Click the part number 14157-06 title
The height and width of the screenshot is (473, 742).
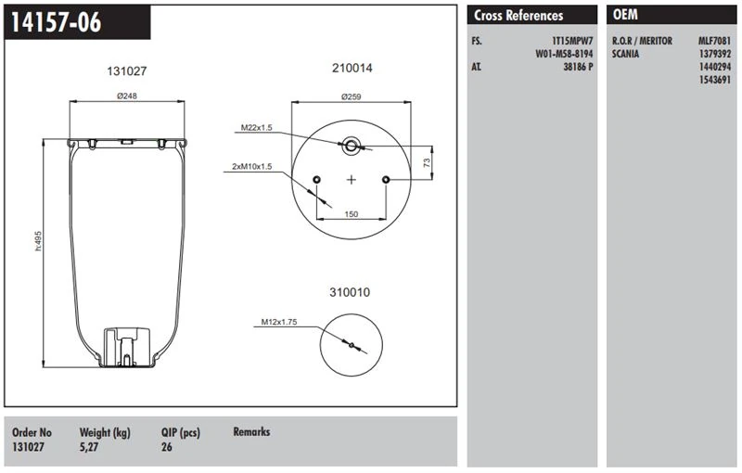pos(55,23)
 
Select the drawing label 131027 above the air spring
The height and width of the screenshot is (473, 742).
pos(127,71)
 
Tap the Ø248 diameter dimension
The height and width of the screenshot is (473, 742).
pos(127,96)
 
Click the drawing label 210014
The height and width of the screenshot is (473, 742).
pos(352,69)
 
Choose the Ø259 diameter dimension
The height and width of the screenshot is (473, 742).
pos(352,96)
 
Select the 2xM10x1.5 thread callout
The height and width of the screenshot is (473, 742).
pos(252,166)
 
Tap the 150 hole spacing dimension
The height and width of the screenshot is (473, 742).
pos(352,214)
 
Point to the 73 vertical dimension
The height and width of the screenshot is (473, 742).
pos(428,162)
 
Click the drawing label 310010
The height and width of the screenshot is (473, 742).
pos(350,292)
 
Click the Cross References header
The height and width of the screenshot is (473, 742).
pos(518,16)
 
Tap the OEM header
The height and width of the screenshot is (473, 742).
pos(626,16)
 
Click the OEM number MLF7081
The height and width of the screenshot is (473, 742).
pos(715,42)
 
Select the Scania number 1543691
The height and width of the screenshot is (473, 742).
pos(715,81)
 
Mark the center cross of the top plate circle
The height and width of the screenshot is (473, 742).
pos(352,179)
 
